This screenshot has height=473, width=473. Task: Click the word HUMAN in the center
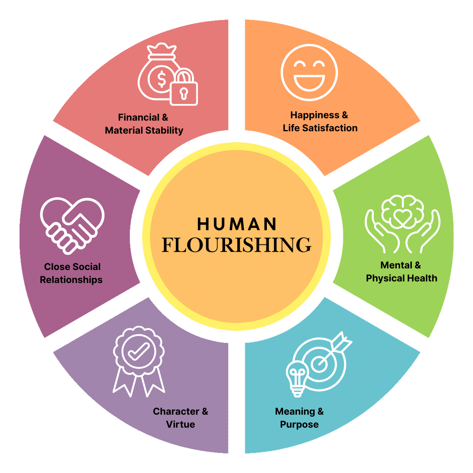click(x=237, y=224)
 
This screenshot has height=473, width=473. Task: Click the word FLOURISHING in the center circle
click(x=236, y=245)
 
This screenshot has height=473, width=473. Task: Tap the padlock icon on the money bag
click(x=184, y=89)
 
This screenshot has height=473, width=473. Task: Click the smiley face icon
click(x=309, y=73)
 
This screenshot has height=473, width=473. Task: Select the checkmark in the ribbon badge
click(x=138, y=350)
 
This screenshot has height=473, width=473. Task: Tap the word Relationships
click(x=71, y=280)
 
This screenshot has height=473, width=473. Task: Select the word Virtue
click(x=181, y=425)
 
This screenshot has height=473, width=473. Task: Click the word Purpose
click(x=299, y=425)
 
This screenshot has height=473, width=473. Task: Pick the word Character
click(x=176, y=412)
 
